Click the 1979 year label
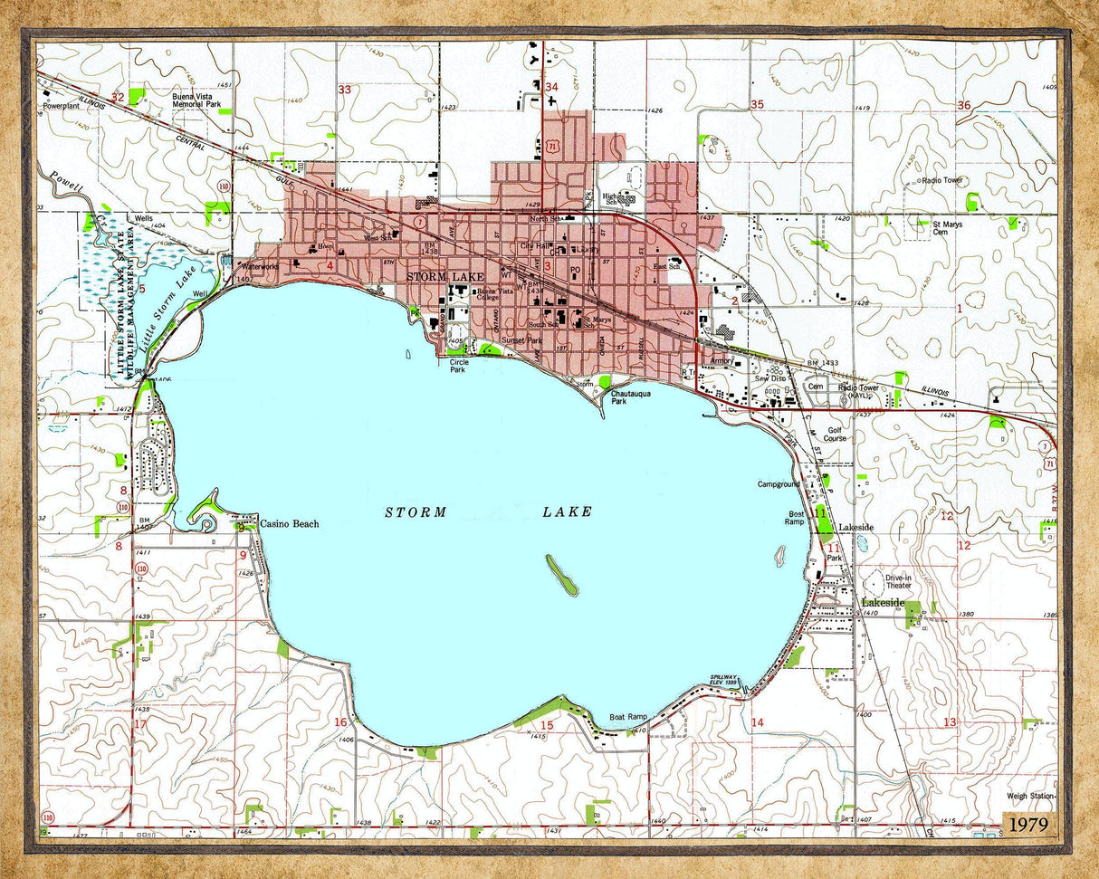[x=1031, y=825]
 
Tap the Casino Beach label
[x=289, y=524]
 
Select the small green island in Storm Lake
[x=561, y=575]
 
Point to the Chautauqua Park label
[x=631, y=397]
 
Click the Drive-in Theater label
[x=898, y=581]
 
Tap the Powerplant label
[x=62, y=106]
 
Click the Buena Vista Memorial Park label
[x=196, y=100]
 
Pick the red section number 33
[x=344, y=90]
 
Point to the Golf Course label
[x=835, y=434]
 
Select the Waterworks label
[x=260, y=267]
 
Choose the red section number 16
[x=340, y=722]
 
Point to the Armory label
[x=722, y=360]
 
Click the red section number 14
[x=757, y=722]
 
